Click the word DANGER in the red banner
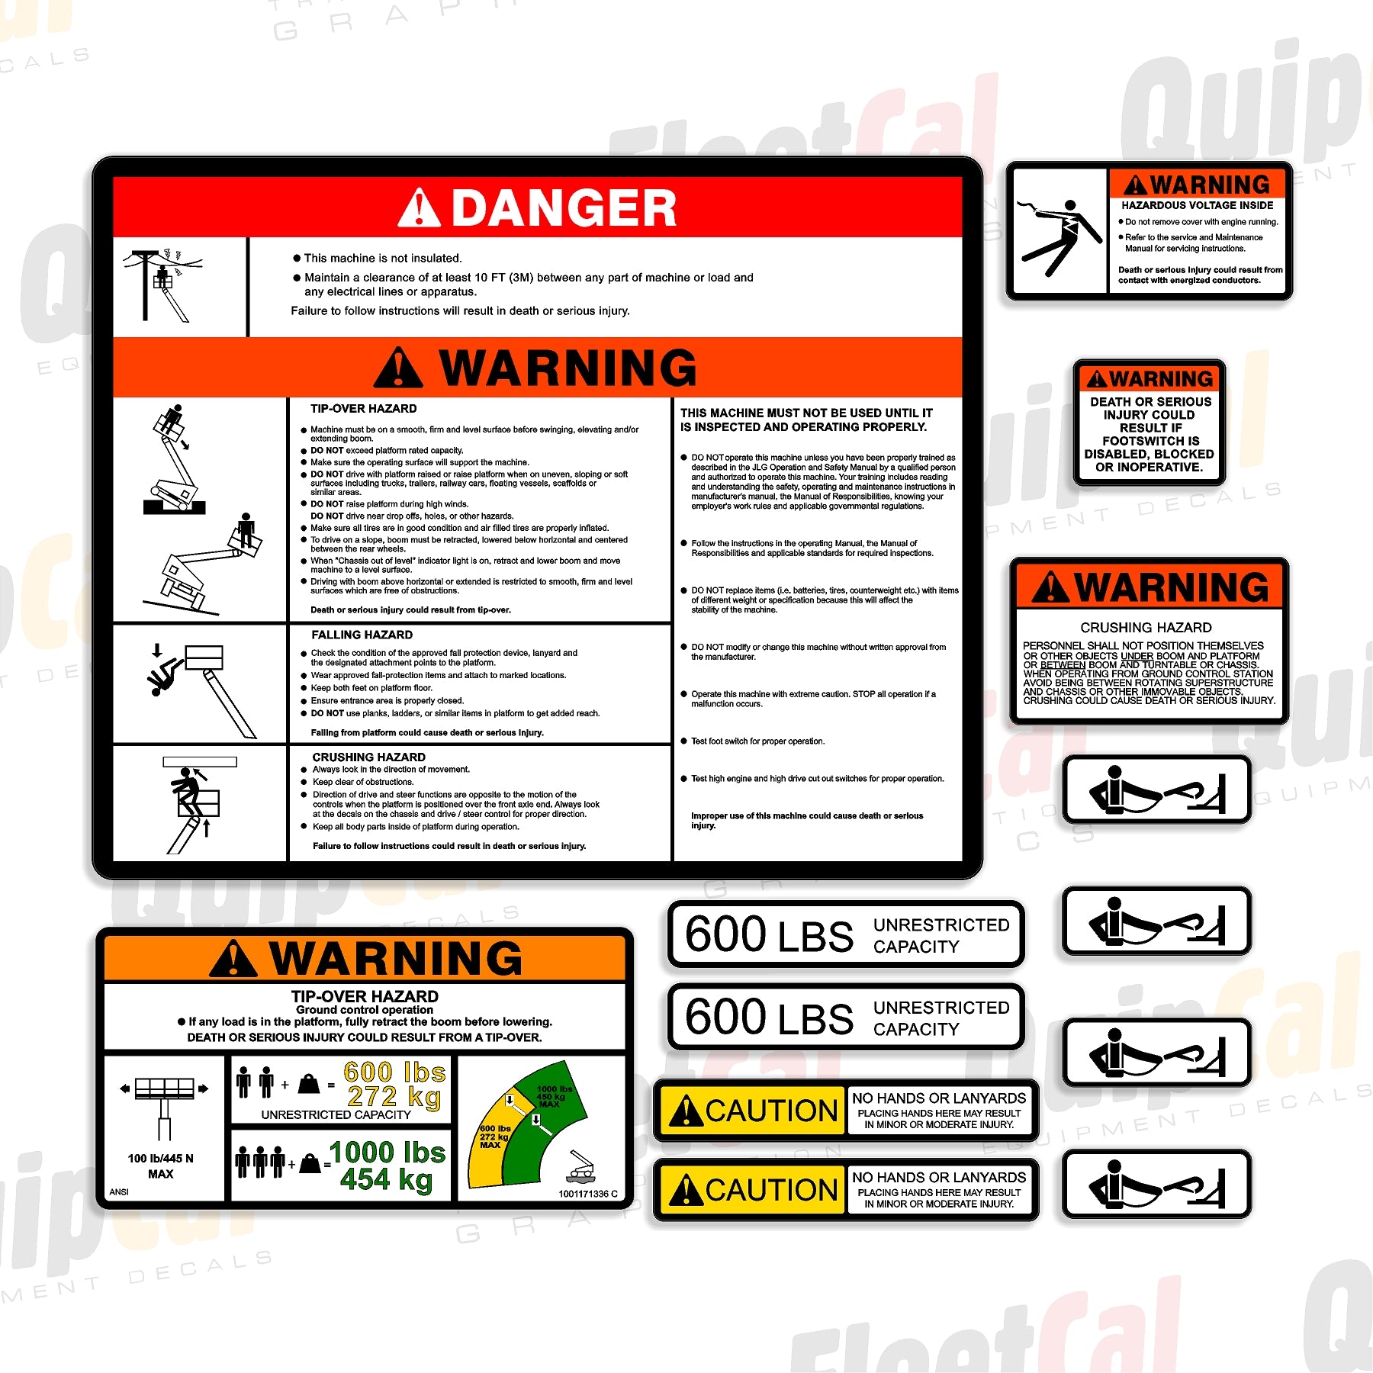(564, 208)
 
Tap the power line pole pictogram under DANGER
(160, 285)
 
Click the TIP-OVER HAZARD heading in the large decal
(363, 409)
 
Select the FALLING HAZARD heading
(362, 635)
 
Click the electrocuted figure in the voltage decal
(1059, 235)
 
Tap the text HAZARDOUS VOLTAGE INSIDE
(1197, 205)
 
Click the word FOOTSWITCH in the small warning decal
(1150, 441)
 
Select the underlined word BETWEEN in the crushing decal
(1062, 665)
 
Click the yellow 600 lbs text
(394, 1072)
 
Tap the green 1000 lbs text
(387, 1152)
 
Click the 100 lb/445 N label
(160, 1158)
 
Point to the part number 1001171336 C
(587, 1194)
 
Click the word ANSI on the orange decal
(119, 1191)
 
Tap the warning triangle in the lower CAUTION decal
(686, 1190)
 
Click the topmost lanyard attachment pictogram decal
(1156, 790)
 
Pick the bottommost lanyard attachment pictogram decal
(1156, 1184)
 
